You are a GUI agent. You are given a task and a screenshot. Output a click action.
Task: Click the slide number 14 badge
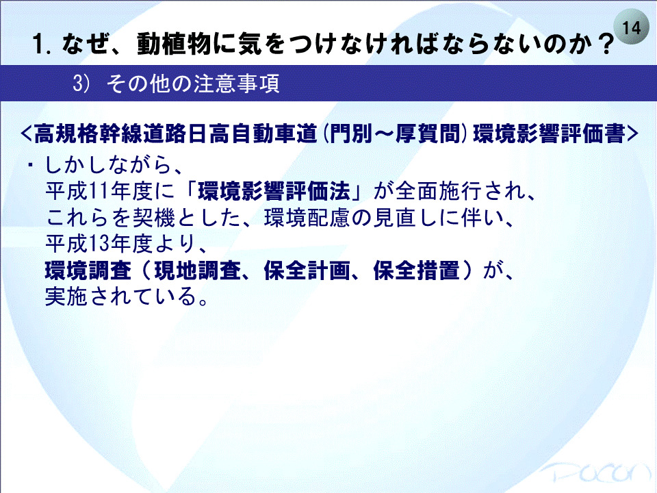(x=632, y=27)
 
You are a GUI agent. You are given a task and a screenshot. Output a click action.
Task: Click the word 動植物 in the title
(x=175, y=44)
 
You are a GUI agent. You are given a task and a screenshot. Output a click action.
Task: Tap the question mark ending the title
(x=606, y=44)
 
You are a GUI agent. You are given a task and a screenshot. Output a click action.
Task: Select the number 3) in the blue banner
(x=81, y=83)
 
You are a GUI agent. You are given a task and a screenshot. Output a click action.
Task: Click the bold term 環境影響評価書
(x=549, y=134)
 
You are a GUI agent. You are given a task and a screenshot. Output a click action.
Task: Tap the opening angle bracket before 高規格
(x=26, y=134)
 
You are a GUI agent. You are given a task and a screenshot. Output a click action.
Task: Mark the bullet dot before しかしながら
(x=30, y=165)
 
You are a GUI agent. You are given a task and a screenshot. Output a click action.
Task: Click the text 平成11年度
(x=99, y=191)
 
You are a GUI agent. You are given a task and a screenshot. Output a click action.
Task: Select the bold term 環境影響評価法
(x=274, y=191)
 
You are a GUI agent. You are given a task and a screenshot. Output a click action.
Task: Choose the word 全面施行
(x=439, y=191)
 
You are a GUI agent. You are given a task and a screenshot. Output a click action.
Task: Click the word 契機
(x=154, y=218)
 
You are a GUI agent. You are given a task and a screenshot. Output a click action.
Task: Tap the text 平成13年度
(x=99, y=244)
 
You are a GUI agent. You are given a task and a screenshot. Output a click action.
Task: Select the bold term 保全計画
(x=307, y=270)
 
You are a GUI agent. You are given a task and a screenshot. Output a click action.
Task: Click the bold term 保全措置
(x=416, y=270)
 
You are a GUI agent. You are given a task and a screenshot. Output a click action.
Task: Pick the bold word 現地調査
(x=197, y=270)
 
